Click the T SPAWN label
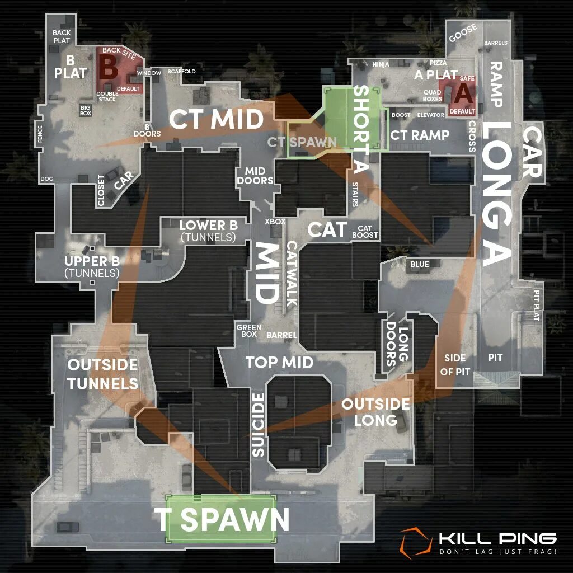(x=222, y=520)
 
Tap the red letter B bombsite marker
(x=109, y=69)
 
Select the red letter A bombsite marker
(x=462, y=93)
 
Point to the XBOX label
(x=275, y=222)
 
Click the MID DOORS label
(x=255, y=175)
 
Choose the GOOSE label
(x=463, y=32)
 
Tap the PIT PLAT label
(x=536, y=305)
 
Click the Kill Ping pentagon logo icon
(x=415, y=543)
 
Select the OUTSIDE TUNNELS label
(x=102, y=374)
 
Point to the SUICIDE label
(x=258, y=425)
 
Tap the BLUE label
(x=419, y=264)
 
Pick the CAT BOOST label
(x=365, y=232)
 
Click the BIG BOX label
(x=86, y=109)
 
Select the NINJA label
(x=381, y=64)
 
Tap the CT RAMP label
(x=420, y=135)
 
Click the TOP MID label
(x=279, y=362)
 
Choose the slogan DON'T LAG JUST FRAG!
(x=497, y=553)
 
